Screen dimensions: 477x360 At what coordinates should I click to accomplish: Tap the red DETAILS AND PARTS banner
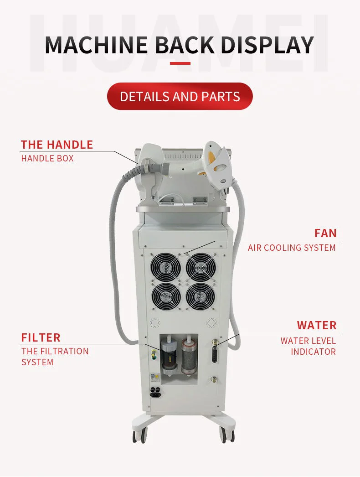click(180, 96)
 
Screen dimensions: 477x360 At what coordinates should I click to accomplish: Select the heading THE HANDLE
click(57, 145)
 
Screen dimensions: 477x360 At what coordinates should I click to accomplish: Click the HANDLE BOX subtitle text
click(47, 159)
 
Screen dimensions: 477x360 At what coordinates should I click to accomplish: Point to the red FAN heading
click(325, 233)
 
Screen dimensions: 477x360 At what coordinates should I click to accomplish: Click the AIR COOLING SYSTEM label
click(292, 248)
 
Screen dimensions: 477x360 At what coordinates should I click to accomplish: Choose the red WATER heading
click(317, 325)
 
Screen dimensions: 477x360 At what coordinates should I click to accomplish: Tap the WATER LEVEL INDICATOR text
click(308, 346)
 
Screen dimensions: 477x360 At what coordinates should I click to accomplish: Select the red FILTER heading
click(41, 337)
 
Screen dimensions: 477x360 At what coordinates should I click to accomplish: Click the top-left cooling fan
click(165, 266)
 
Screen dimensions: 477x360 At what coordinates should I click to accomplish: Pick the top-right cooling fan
click(201, 266)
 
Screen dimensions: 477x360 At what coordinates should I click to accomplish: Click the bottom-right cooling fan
click(201, 296)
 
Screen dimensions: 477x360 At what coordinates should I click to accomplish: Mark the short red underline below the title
click(180, 63)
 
